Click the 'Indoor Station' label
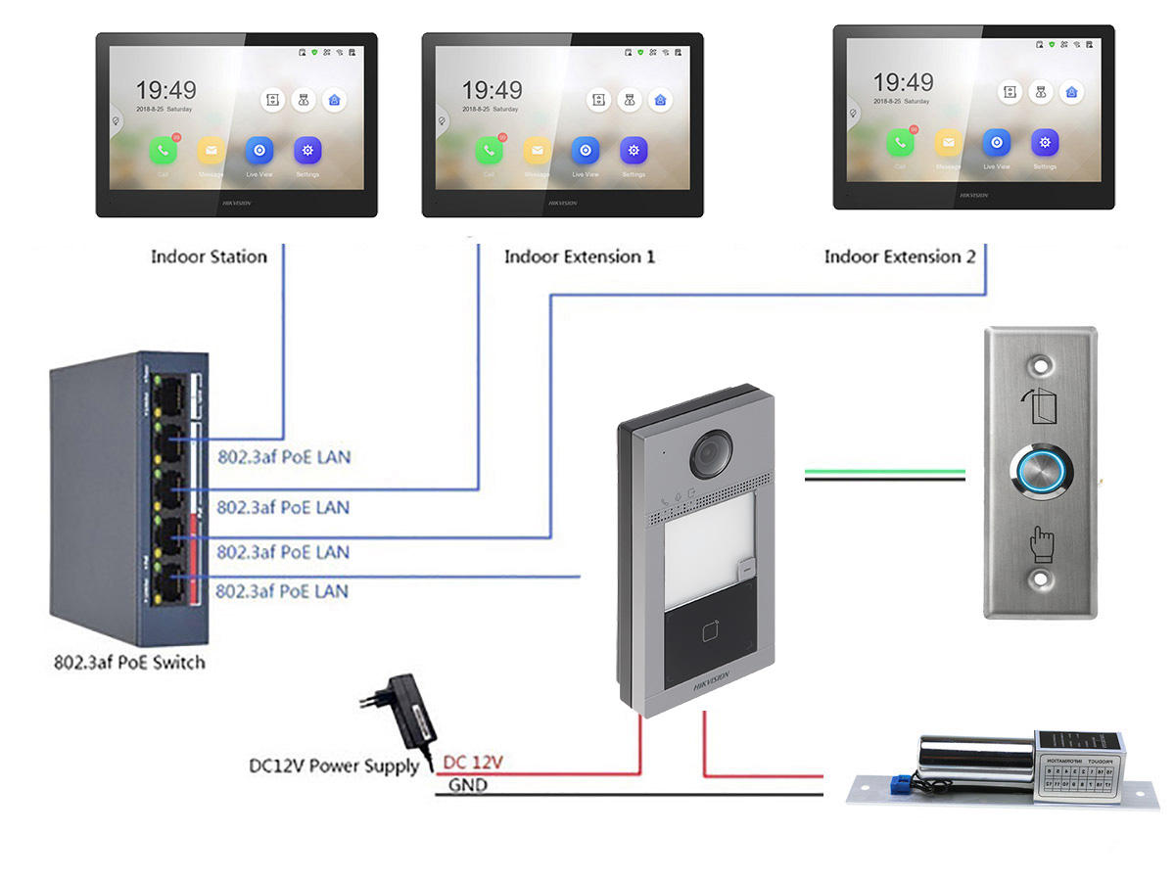coord(209,257)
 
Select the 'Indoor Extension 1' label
coord(580,257)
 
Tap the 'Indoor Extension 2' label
coord(900,257)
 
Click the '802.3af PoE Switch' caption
coord(129,663)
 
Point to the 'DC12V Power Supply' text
coord(334,765)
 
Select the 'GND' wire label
coord(468,785)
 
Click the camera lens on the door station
coord(712,451)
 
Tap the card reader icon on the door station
coord(712,633)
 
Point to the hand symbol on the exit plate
coord(1040,541)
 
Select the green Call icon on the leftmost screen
coord(163,151)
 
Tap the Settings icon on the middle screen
coord(634,151)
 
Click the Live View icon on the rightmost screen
coord(996,143)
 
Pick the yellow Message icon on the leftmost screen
coord(211,151)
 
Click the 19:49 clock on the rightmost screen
coord(904,82)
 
